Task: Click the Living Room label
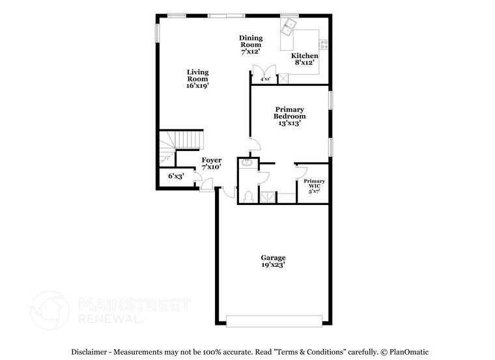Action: click(197, 79)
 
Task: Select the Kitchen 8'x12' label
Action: click(304, 60)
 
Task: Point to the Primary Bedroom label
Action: click(290, 116)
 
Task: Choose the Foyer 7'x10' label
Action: click(211, 163)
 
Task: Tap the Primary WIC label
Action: click(314, 186)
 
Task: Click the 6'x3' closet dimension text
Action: click(176, 176)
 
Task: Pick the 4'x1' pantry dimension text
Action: click(265, 79)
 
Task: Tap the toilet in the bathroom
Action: click(248, 196)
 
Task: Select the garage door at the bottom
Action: click(274, 320)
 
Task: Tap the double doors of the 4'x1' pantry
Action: click(264, 72)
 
